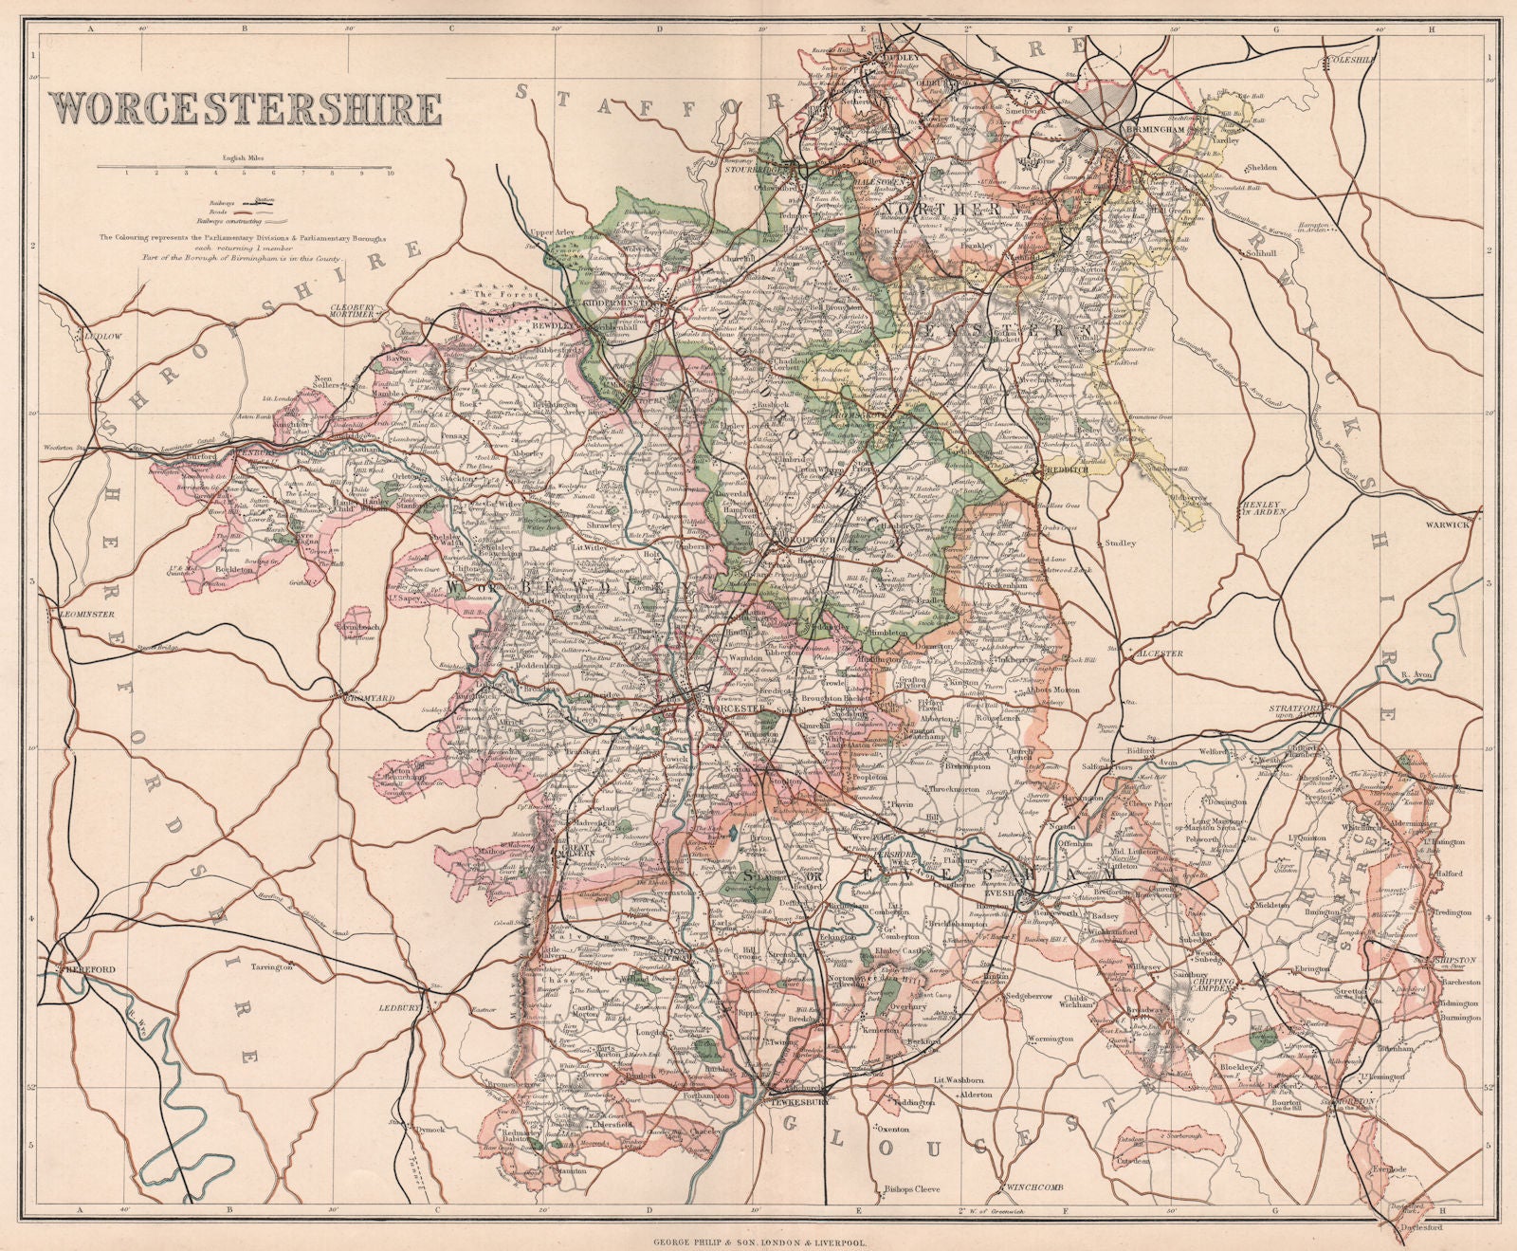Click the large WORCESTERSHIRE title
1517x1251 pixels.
tap(245, 109)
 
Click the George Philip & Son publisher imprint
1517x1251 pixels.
tap(758, 1227)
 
